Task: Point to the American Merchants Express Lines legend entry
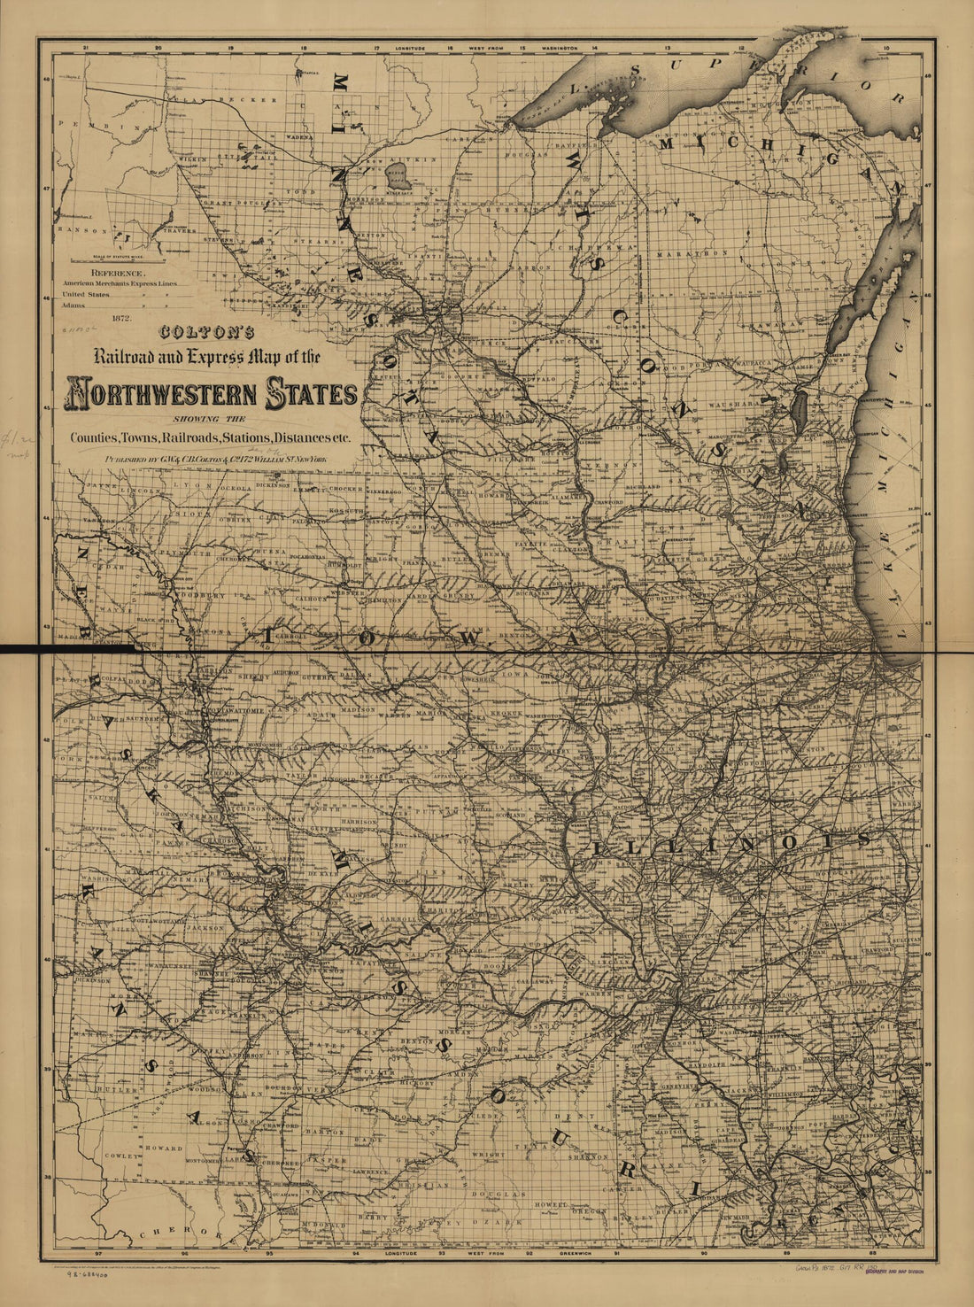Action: (117, 283)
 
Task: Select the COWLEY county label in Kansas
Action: (122, 1156)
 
